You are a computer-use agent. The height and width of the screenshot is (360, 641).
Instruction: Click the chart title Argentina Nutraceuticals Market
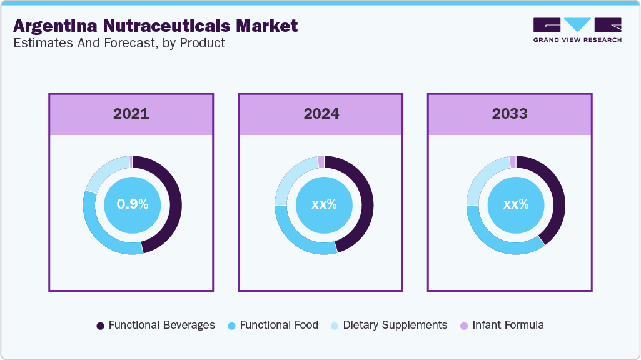155,26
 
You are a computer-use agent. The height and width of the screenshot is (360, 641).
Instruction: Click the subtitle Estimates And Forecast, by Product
119,43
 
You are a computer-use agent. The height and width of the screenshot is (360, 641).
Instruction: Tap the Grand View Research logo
577,29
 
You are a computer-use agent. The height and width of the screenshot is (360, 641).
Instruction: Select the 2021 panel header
131,114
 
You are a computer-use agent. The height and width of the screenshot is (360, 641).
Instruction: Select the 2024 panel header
321,114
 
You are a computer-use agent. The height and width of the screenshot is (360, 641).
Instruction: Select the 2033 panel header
509,114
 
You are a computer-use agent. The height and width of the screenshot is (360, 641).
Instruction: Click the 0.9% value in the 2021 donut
133,204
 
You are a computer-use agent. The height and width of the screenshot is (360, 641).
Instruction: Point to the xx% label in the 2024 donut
324,204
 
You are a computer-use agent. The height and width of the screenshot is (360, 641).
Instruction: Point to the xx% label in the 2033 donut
516,204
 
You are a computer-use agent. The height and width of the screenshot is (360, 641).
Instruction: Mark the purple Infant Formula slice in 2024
321,162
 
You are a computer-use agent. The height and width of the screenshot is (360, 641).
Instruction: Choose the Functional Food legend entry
273,325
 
